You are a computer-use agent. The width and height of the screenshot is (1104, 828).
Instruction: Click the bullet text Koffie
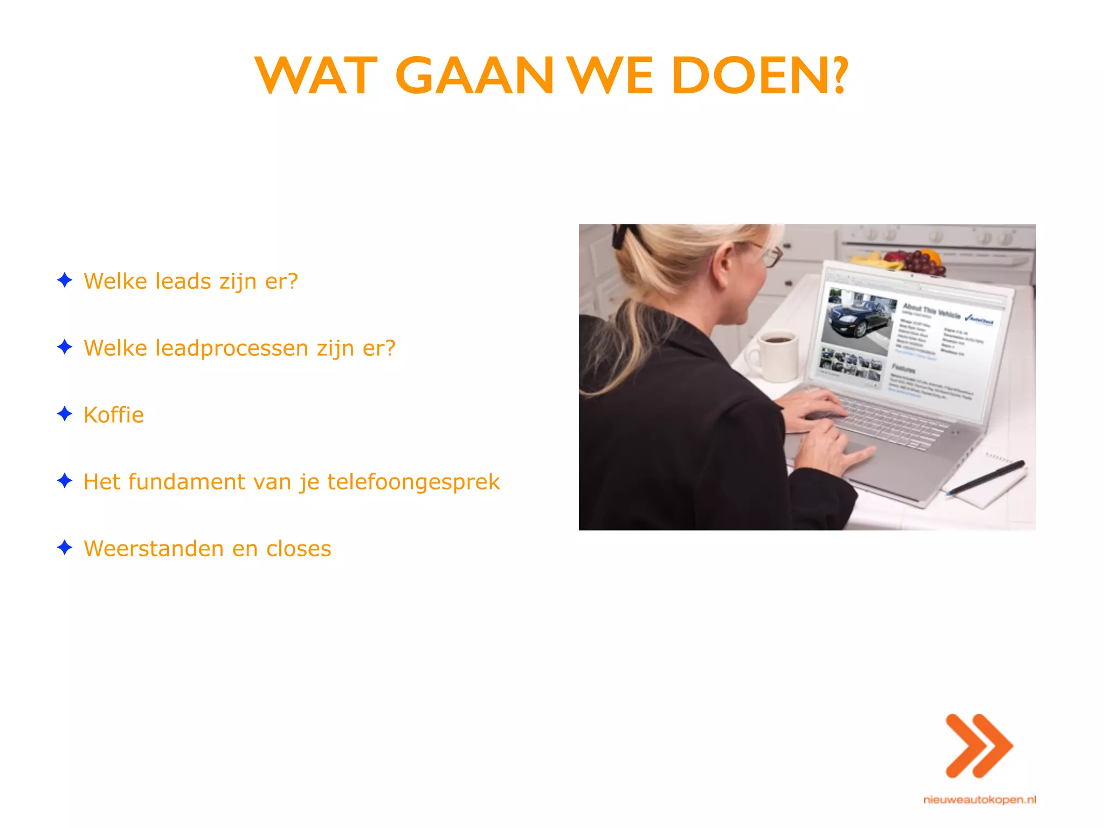click(114, 415)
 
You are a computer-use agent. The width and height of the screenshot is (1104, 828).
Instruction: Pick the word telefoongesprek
click(413, 482)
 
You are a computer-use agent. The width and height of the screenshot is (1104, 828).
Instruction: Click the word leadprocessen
click(232, 348)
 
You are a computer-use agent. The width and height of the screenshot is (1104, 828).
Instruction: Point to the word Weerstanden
click(154, 549)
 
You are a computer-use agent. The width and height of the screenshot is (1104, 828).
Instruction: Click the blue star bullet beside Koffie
click(65, 414)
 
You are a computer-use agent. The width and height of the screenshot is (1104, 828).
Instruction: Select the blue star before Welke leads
click(65, 280)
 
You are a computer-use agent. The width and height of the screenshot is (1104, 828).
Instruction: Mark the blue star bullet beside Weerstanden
click(65, 548)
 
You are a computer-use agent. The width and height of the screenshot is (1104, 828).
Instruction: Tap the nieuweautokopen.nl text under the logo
click(979, 799)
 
